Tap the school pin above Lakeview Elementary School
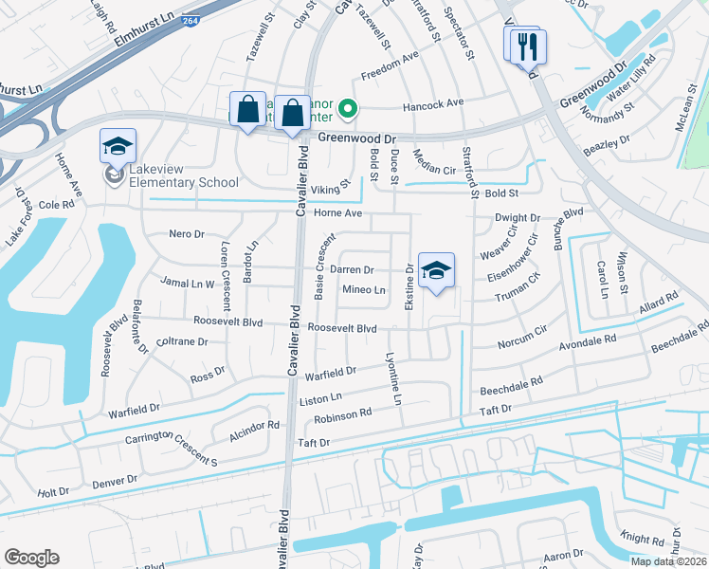point(118,146)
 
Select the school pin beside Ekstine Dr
point(436,271)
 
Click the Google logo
point(31,558)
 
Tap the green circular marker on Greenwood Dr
point(348,109)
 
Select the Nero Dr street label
point(186,234)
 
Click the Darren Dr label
point(352,270)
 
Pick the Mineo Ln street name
point(364,289)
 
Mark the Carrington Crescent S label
point(172,450)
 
